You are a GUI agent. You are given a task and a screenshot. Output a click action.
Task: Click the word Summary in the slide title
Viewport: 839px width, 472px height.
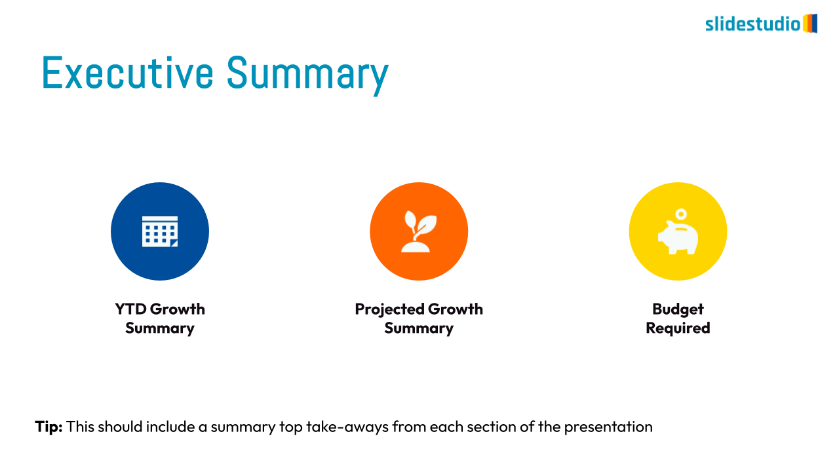(307, 75)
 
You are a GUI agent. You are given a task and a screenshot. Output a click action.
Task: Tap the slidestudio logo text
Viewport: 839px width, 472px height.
(753, 24)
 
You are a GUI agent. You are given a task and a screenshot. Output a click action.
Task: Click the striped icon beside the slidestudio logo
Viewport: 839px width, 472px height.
(810, 24)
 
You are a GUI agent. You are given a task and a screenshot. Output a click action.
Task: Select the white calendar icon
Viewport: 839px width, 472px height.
(160, 231)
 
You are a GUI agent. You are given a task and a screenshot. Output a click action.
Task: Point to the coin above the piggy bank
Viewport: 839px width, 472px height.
(681, 214)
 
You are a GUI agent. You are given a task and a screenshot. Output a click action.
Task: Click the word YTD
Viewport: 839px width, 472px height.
(130, 309)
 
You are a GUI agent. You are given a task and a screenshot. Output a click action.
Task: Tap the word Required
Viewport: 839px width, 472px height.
(678, 328)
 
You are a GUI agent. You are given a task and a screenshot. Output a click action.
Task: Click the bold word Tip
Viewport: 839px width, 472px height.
(49, 427)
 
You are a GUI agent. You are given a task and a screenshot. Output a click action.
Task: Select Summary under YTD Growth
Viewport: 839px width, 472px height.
(160, 328)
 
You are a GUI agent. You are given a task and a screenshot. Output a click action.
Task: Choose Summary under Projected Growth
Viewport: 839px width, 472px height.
(419, 328)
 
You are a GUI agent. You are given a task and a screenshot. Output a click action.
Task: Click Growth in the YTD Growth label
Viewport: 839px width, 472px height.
(178, 309)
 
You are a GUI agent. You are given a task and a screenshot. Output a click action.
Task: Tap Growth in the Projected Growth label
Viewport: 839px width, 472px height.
(456, 309)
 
